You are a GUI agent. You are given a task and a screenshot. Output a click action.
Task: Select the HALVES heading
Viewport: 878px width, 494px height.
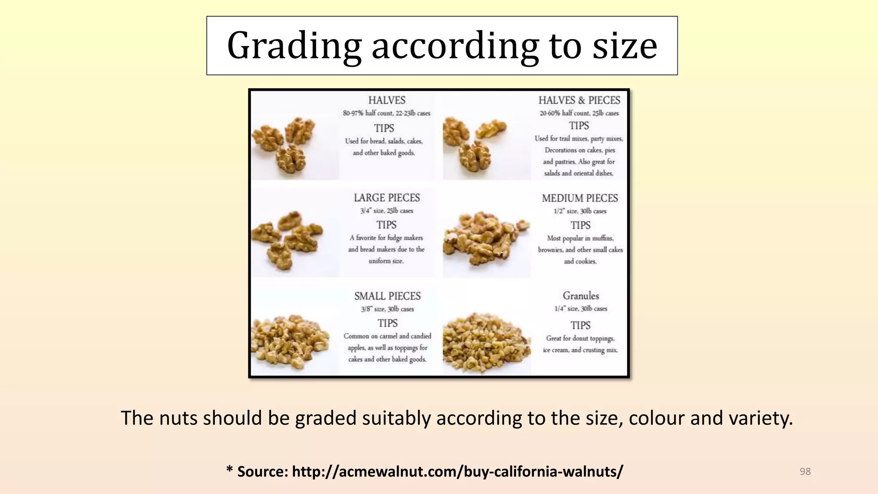(387, 100)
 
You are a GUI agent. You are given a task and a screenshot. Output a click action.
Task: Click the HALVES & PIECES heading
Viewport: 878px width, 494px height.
(579, 100)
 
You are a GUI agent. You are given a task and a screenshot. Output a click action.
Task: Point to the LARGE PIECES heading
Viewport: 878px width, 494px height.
(387, 198)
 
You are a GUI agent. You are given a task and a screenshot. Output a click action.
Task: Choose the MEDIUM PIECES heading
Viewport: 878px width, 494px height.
(580, 198)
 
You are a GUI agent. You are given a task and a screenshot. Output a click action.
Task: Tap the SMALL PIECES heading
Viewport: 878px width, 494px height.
(388, 296)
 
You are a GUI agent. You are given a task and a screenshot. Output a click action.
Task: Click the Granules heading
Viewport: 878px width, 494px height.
(581, 295)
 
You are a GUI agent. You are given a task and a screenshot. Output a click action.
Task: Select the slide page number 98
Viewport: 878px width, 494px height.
(805, 472)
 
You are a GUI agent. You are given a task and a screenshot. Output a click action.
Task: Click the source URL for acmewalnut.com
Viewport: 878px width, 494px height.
(457, 471)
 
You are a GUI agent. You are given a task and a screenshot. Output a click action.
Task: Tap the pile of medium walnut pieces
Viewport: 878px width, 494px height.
(486, 238)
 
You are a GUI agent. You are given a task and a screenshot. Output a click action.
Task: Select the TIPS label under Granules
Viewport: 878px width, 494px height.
(580, 325)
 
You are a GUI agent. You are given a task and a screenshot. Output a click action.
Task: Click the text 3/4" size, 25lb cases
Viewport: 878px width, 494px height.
(387, 211)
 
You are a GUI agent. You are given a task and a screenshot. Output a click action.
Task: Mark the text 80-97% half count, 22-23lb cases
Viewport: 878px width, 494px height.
(387, 113)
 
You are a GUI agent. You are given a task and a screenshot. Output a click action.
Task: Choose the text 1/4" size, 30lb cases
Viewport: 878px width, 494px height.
(581, 309)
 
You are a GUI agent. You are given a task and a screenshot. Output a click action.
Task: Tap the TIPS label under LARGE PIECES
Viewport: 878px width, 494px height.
(386, 225)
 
